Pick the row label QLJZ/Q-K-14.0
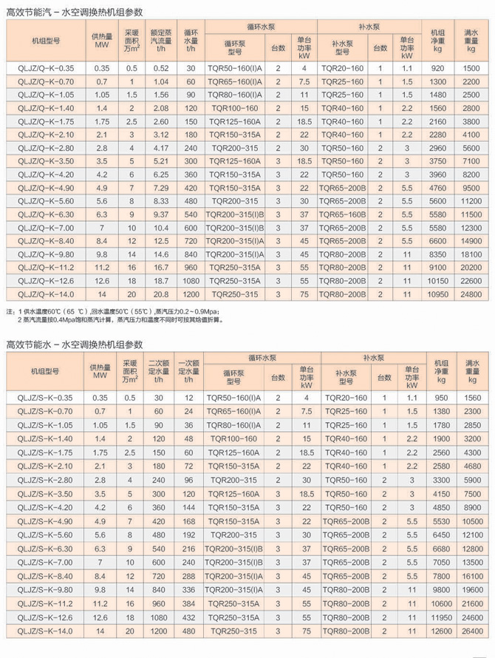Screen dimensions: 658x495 (46, 294)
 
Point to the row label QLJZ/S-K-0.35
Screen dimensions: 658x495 (46, 397)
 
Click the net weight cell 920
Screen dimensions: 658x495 (436, 68)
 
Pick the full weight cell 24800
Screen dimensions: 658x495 (471, 294)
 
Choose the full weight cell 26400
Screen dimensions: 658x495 (471, 631)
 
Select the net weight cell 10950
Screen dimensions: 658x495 (436, 294)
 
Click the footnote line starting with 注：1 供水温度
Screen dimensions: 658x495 (118, 312)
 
